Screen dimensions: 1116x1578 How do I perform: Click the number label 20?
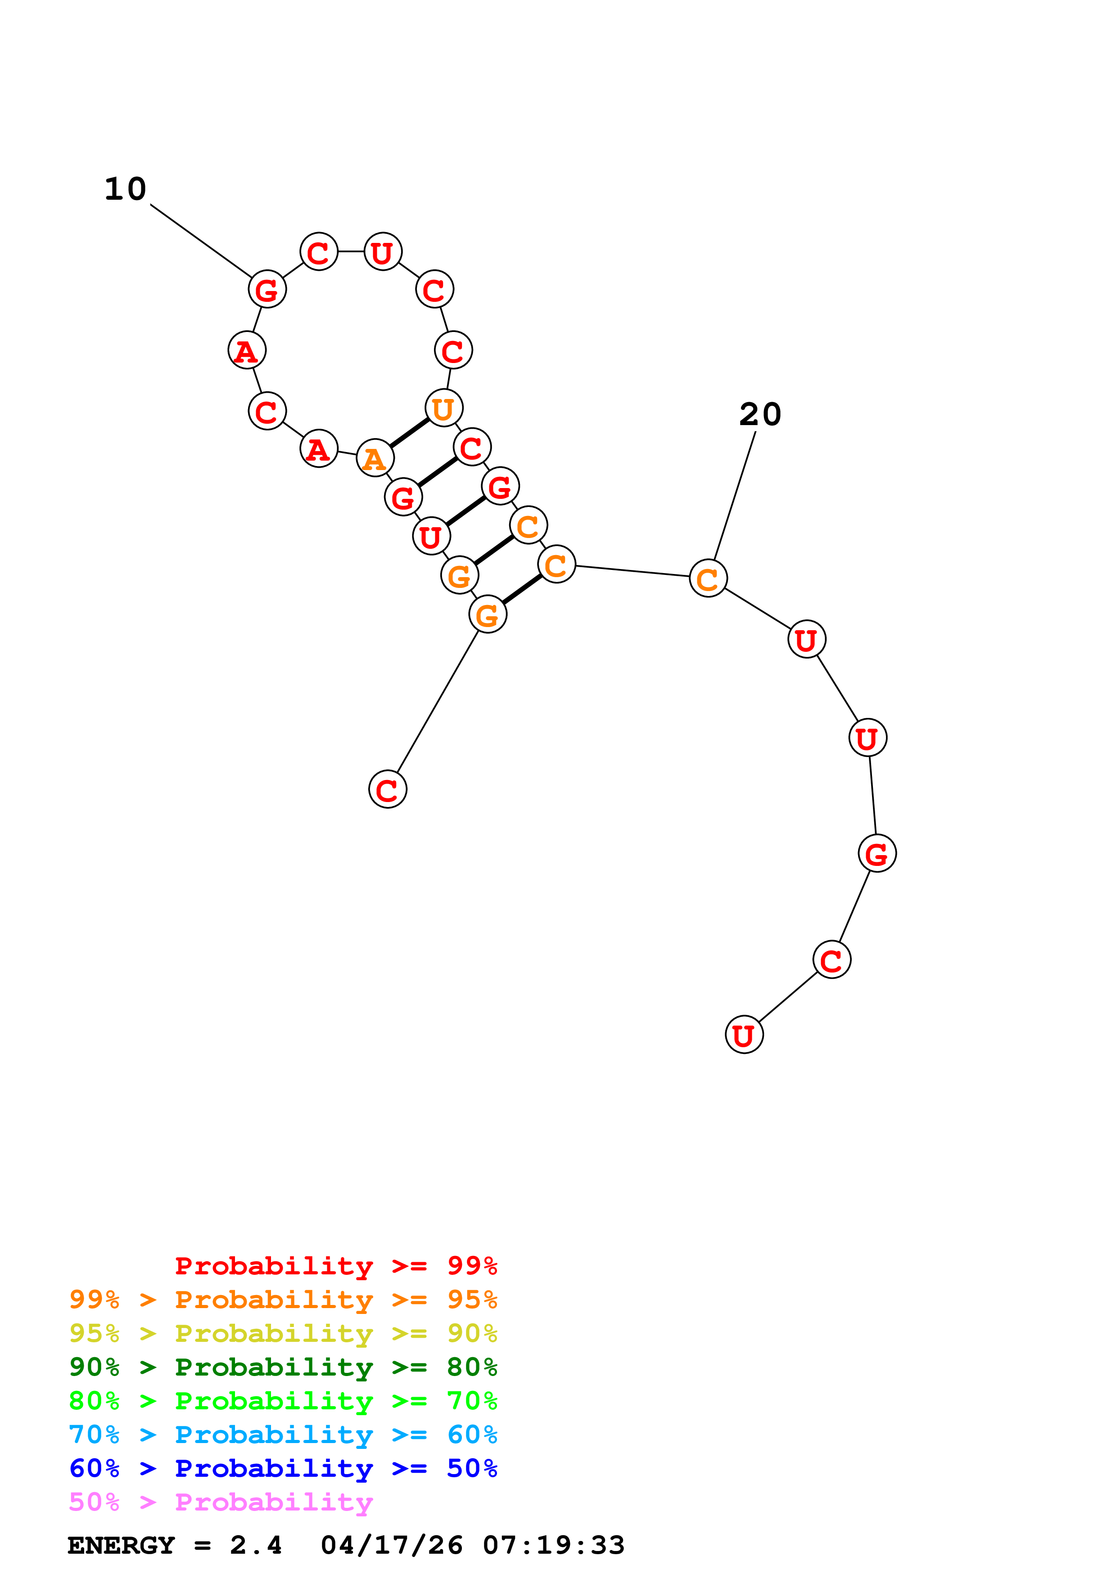(x=760, y=414)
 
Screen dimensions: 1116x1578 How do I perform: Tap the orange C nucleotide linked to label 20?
(x=708, y=578)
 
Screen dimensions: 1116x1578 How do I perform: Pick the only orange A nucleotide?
(x=375, y=458)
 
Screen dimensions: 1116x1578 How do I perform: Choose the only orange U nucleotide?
(x=443, y=409)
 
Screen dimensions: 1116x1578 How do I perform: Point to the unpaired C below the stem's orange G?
(x=388, y=790)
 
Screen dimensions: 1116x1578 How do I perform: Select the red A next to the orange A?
(x=318, y=449)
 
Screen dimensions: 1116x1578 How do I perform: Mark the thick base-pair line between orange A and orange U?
(x=409, y=433)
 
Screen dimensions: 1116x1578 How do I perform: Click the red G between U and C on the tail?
(x=877, y=854)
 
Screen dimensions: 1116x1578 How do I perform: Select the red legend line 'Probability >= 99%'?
(x=335, y=1266)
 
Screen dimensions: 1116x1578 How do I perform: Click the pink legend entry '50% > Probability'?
(x=221, y=1502)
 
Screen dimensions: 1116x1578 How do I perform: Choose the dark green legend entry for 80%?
(x=283, y=1367)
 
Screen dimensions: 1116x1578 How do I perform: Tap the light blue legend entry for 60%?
(x=283, y=1435)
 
